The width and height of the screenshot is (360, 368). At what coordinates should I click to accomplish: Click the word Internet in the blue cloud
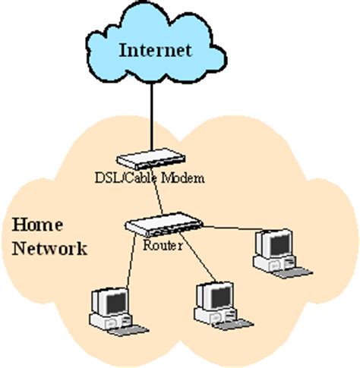point(156,52)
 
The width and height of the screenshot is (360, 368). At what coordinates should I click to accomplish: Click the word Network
point(49,248)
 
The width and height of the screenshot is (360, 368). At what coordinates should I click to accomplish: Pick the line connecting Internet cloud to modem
point(153,114)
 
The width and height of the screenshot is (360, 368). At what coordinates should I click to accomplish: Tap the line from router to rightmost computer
point(228,228)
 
